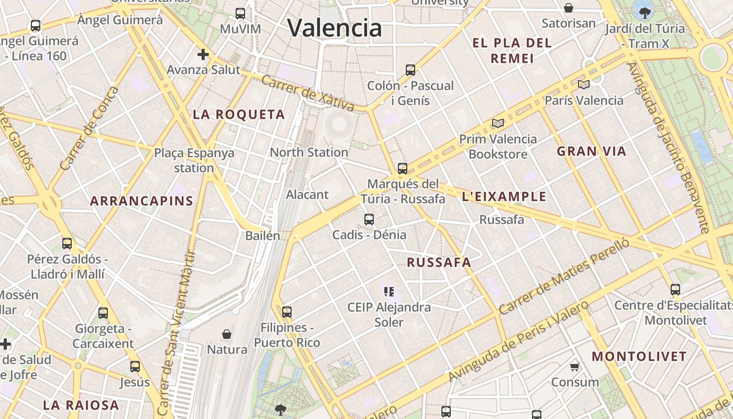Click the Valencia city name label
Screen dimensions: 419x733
pyautogui.click(x=335, y=28)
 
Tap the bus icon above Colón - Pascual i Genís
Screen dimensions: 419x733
pyautogui.click(x=410, y=70)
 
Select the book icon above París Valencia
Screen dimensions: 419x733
pyautogui.click(x=584, y=84)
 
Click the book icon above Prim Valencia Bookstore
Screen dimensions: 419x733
pyautogui.click(x=497, y=123)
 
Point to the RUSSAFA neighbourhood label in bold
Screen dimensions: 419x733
pyautogui.click(x=439, y=262)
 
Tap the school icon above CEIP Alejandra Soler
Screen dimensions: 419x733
pyautogui.click(x=388, y=291)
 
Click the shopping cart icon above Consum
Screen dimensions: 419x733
pyautogui.click(x=575, y=367)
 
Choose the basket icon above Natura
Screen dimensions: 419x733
pyautogui.click(x=227, y=334)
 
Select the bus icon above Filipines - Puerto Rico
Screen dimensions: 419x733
pyautogui.click(x=286, y=312)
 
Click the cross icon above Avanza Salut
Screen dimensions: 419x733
pyautogui.click(x=203, y=54)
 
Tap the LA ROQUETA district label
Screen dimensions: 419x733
pyautogui.click(x=239, y=114)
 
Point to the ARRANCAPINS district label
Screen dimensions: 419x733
pyautogui.click(x=141, y=201)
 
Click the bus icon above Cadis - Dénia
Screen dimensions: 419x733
pyautogui.click(x=369, y=219)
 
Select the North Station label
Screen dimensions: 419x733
pyautogui.click(x=309, y=152)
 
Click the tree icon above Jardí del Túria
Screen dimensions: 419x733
pyautogui.click(x=645, y=12)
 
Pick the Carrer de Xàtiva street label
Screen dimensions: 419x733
pyautogui.click(x=307, y=93)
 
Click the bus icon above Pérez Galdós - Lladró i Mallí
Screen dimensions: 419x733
pyautogui.click(x=67, y=244)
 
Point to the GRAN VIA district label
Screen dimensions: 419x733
pyautogui.click(x=591, y=151)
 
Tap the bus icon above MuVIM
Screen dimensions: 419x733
pyautogui.click(x=240, y=13)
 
